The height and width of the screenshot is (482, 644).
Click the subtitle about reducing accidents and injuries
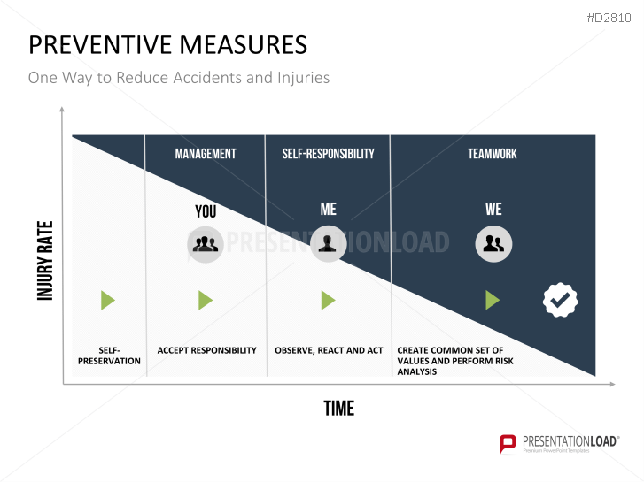pyautogui.click(x=179, y=78)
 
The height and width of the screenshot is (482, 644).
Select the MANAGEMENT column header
pyautogui.click(x=206, y=154)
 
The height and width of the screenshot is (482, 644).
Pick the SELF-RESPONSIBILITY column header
pyautogui.click(x=328, y=154)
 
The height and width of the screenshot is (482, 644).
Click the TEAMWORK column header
pyautogui.click(x=493, y=154)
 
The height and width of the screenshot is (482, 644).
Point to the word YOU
pyautogui.click(x=206, y=211)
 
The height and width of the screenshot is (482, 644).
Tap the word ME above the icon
pyautogui.click(x=328, y=210)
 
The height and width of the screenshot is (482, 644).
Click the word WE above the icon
pyautogui.click(x=493, y=210)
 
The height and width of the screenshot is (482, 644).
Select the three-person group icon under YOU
pyautogui.click(x=206, y=244)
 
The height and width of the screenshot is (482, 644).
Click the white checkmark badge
pyautogui.click(x=560, y=301)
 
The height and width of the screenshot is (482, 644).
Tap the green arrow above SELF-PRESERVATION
pyautogui.click(x=107, y=301)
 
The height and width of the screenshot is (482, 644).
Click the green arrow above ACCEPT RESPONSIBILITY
pyautogui.click(x=206, y=301)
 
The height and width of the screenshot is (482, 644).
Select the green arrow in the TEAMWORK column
pyautogui.click(x=493, y=301)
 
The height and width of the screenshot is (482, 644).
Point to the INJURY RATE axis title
pyautogui.click(x=46, y=260)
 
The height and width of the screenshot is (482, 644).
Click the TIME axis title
pyautogui.click(x=338, y=409)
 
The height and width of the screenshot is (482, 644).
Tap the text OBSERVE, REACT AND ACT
pyautogui.click(x=329, y=350)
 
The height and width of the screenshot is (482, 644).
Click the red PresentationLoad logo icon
pyautogui.click(x=508, y=444)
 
